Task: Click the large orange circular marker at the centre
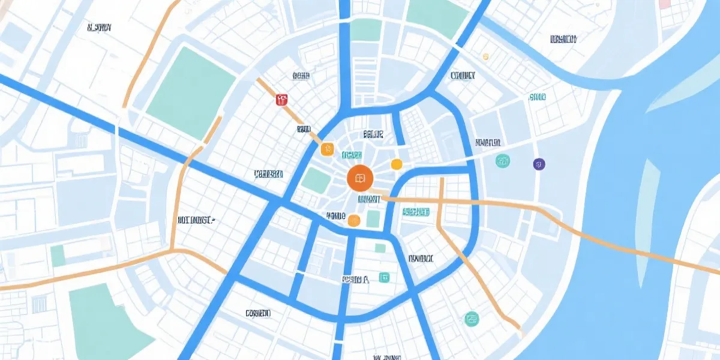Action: pos(360,178)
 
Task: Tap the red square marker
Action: pos(281,100)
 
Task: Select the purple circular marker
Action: pos(539,164)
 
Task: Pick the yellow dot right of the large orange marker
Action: pos(396,164)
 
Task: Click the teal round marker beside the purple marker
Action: pos(503,161)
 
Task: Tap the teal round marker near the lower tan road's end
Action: pos(472,319)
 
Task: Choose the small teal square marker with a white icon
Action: pos(384,277)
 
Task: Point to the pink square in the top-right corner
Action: pos(664,4)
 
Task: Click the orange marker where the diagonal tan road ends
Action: pos(326,149)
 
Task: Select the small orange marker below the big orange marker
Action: pos(354,221)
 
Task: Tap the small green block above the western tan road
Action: pos(58,256)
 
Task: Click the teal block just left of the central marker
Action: pos(315,179)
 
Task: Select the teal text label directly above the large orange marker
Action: pos(352,155)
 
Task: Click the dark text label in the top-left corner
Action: pos(99,28)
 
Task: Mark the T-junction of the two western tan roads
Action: pos(172,250)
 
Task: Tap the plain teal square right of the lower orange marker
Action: pos(373,218)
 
